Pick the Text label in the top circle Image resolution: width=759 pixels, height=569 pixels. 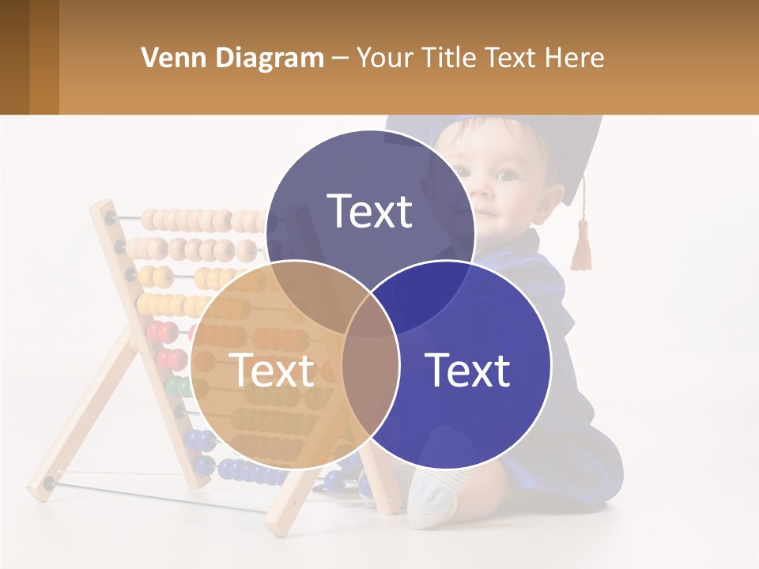[370, 212]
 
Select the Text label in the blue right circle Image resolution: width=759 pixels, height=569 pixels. [468, 370]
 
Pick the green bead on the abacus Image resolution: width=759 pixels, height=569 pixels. [178, 387]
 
